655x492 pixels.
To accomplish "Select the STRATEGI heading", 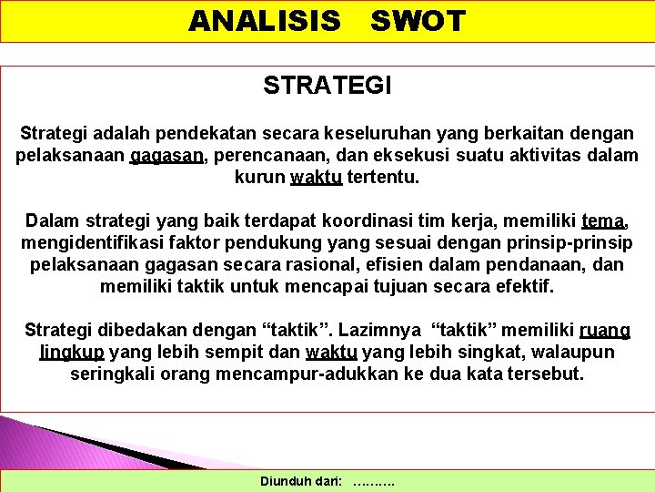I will point(327,87).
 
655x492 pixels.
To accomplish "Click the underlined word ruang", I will point(604,330).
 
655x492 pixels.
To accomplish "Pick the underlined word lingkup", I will point(72,352).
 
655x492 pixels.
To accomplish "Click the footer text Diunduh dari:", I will point(301,480).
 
